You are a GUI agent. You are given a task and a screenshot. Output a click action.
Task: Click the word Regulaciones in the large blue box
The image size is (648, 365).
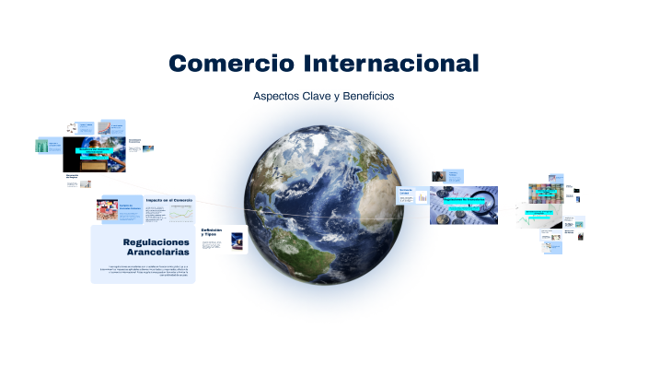tap(156, 241)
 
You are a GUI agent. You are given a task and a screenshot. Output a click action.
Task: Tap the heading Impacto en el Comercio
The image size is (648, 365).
tap(169, 200)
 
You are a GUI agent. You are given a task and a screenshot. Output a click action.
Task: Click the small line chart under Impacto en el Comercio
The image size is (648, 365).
tap(180, 214)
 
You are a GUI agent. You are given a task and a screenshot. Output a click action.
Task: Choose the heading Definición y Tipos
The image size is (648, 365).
tap(212, 232)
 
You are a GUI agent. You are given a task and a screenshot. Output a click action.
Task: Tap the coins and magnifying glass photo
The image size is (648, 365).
tap(464, 205)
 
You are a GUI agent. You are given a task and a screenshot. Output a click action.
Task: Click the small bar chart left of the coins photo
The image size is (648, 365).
tap(422, 197)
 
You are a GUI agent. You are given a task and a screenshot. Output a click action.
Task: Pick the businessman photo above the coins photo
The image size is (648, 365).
tap(453, 175)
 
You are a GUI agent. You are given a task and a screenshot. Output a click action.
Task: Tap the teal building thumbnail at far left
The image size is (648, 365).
tap(41, 147)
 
